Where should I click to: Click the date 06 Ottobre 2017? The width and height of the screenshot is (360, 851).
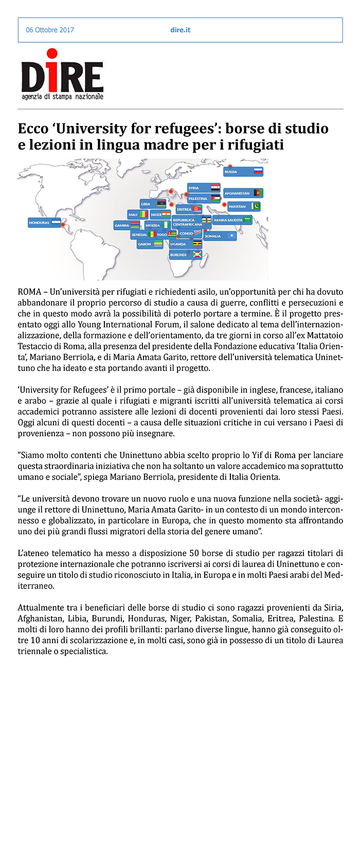point(50,30)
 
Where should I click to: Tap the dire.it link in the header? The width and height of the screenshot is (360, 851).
point(181,30)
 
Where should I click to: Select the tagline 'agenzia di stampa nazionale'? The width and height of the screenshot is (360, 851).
point(62,97)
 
